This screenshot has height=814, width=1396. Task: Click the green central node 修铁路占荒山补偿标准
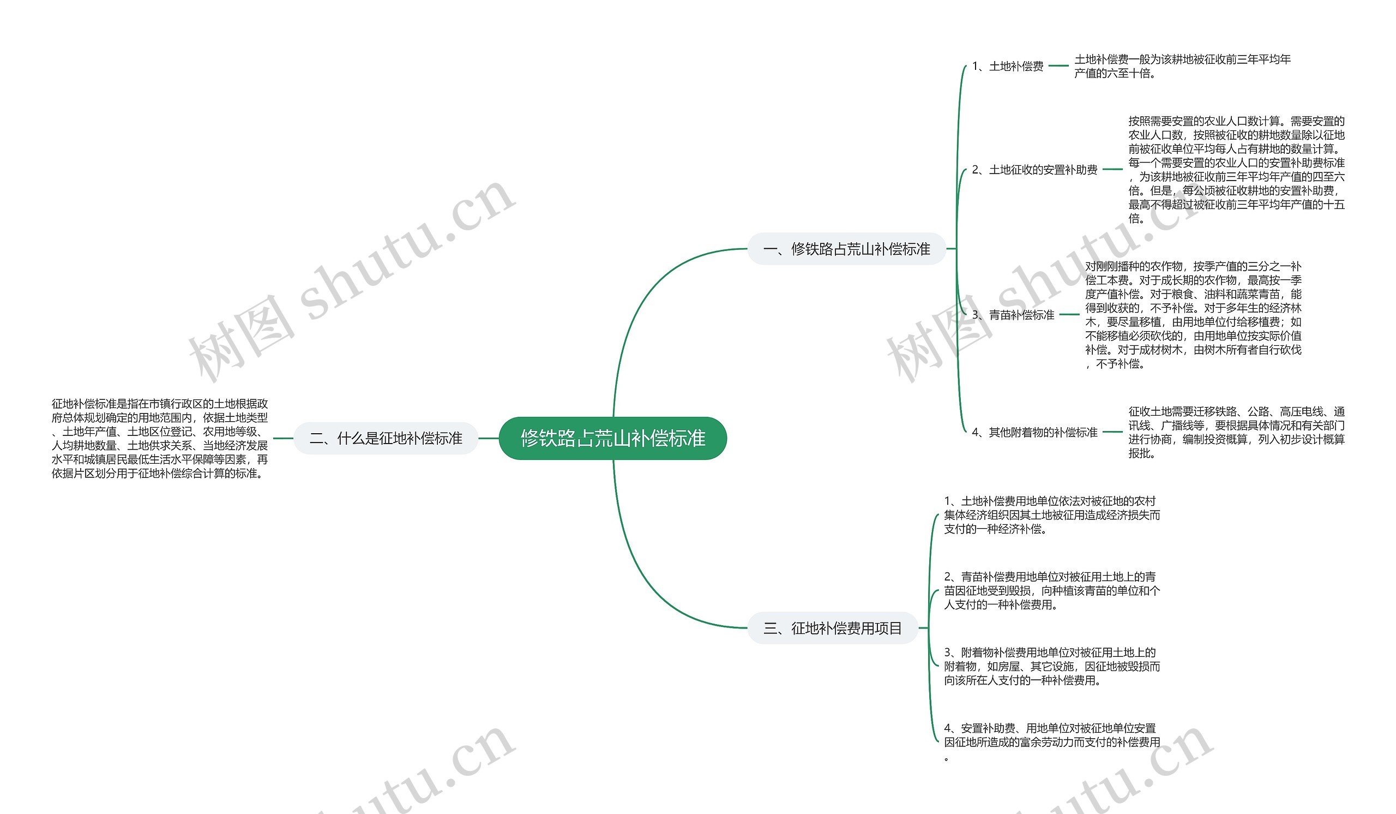tap(613, 438)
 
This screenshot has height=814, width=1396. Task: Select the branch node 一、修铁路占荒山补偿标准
tap(846, 249)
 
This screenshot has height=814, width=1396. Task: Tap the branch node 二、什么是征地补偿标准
tap(386, 438)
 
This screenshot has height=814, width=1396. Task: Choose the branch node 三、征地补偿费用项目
tap(833, 628)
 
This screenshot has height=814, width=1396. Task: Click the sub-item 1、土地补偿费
tap(1007, 67)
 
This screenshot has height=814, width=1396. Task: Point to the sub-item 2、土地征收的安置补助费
tap(1034, 170)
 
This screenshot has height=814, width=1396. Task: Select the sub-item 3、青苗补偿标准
tap(1013, 315)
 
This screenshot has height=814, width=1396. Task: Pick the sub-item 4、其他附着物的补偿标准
tap(1034, 432)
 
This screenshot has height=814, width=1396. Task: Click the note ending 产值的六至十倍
tap(1182, 67)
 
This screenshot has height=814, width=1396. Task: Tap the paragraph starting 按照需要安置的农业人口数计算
tap(1236, 170)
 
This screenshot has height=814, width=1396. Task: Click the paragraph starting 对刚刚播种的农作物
tap(1193, 315)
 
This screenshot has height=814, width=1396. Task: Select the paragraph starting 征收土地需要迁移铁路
tap(1236, 432)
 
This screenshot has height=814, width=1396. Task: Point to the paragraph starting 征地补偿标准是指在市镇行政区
tap(160, 438)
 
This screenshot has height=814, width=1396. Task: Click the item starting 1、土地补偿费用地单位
tap(1051, 515)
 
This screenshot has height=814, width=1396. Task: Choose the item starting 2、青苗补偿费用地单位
tap(1051, 591)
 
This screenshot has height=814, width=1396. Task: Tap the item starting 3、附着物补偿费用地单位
tap(1051, 666)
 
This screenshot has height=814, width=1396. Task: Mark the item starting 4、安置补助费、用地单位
tap(1051, 742)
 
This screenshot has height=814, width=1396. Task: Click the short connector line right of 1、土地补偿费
tap(1058, 66)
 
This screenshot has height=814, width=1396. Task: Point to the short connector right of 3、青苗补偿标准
tap(1069, 315)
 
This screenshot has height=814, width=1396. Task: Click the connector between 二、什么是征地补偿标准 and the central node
tap(489, 438)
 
